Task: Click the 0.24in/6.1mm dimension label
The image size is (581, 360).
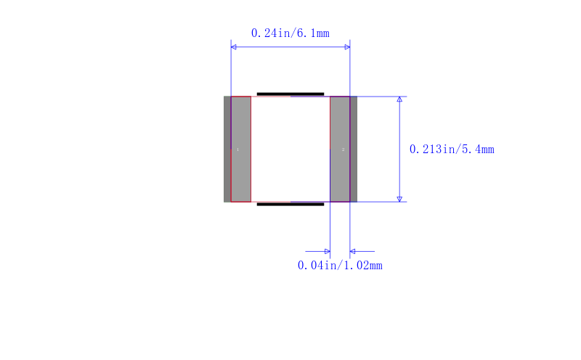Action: tap(290, 33)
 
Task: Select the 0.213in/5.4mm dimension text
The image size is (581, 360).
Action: tap(452, 150)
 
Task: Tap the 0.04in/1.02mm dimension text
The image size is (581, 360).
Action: tap(340, 266)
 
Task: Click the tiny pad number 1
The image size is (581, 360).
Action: tap(238, 150)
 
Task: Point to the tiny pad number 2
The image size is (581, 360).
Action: tap(343, 150)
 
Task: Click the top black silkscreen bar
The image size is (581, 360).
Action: tap(290, 94)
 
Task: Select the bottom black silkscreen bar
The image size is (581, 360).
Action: tap(290, 204)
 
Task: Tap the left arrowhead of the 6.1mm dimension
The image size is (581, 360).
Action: tap(233, 47)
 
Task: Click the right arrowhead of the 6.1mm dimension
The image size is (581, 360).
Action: tap(347, 47)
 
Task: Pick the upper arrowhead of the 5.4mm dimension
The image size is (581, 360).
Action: tap(399, 99)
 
